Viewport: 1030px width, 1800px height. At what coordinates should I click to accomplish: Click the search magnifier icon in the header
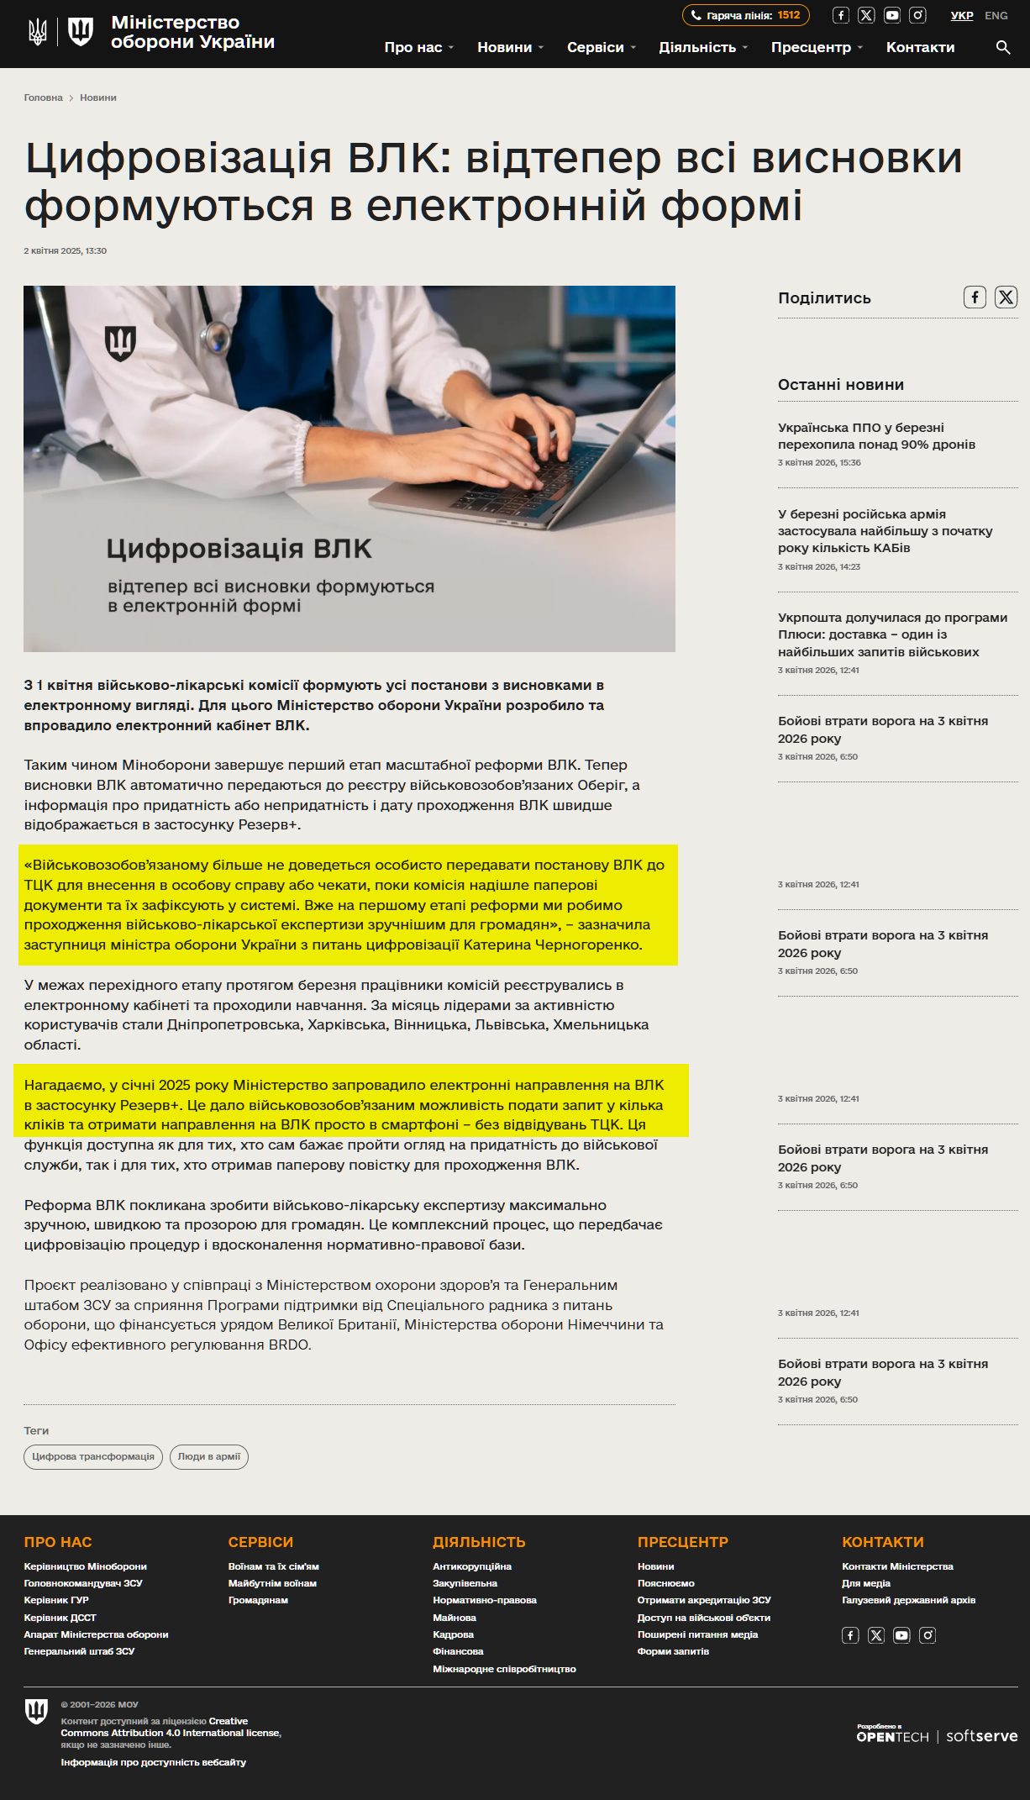pos(1002,47)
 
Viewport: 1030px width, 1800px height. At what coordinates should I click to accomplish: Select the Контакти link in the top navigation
pos(920,47)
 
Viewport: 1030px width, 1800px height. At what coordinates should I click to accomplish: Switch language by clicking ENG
pos(996,15)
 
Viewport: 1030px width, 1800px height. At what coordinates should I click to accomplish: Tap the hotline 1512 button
pos(745,15)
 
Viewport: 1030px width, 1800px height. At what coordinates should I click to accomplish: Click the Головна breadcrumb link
pos(43,97)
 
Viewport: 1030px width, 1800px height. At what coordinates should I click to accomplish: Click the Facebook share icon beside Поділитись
pos(975,297)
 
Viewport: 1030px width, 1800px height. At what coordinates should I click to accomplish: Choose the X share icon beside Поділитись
pos(1006,297)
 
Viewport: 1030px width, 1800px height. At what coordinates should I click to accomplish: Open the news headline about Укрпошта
pos(892,634)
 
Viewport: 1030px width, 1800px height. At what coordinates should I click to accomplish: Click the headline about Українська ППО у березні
pos(876,435)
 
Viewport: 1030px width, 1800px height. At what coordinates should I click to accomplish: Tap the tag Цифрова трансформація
pos(93,1456)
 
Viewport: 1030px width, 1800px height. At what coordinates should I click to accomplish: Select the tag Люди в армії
pos(209,1456)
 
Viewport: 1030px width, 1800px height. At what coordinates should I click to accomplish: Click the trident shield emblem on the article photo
pos(120,342)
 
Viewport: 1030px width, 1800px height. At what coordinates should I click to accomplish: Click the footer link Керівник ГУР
pos(56,1600)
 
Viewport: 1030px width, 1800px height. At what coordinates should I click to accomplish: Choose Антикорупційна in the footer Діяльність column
pos(472,1566)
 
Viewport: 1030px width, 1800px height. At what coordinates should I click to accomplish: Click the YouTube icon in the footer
pos(901,1634)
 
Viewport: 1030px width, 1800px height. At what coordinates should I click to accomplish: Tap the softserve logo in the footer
pos(981,1736)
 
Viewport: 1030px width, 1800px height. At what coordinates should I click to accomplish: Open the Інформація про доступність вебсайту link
pos(153,1762)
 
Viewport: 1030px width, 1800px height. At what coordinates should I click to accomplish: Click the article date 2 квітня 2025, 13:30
pos(66,250)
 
